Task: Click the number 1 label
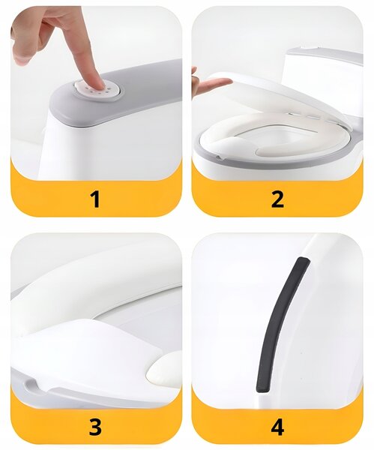(x=95, y=199)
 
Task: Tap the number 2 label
(x=277, y=199)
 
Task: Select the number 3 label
(x=95, y=427)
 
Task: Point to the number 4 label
(x=277, y=427)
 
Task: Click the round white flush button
(x=97, y=89)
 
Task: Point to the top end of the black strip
(x=303, y=259)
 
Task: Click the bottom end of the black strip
(x=262, y=390)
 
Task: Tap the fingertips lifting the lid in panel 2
(x=221, y=82)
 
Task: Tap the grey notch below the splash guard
(x=31, y=385)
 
